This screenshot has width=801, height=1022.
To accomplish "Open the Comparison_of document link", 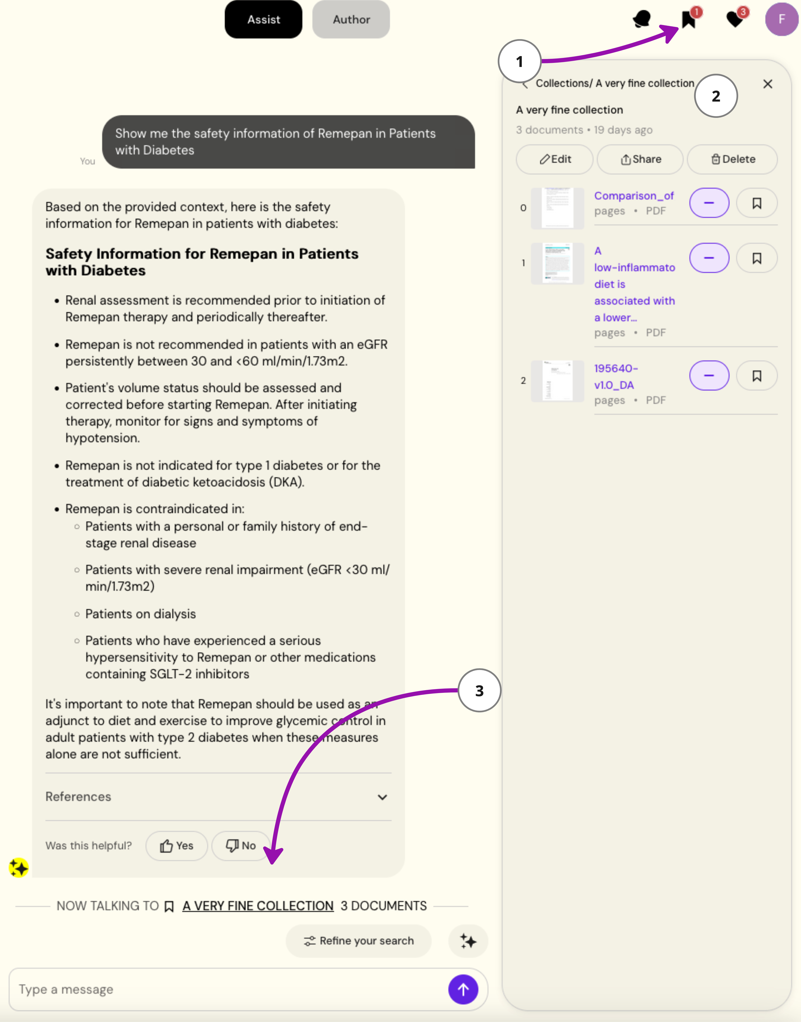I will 634,196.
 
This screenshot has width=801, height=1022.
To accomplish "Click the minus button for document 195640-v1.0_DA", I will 709,375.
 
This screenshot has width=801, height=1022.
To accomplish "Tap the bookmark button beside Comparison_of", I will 756,203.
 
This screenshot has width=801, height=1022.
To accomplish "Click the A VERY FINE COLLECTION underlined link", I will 258,906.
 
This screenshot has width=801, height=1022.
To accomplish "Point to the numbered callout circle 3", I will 479,690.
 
